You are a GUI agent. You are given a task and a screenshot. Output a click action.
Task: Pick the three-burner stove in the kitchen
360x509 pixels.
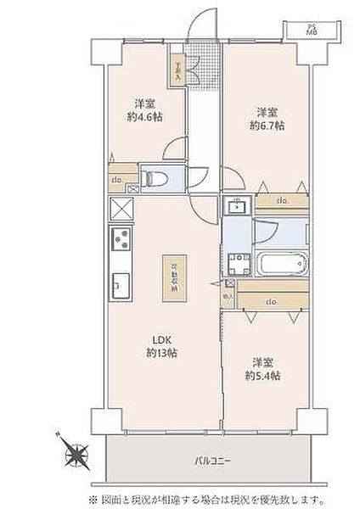coord(120,242)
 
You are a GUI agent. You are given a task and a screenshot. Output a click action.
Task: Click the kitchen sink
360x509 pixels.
coord(120,284)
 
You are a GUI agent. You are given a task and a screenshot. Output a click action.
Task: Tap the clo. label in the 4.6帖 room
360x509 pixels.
coord(116,179)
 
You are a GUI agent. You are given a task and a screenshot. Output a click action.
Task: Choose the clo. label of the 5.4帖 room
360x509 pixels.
coord(271,301)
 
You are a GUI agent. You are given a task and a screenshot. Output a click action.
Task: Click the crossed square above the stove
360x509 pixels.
coord(121,210)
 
